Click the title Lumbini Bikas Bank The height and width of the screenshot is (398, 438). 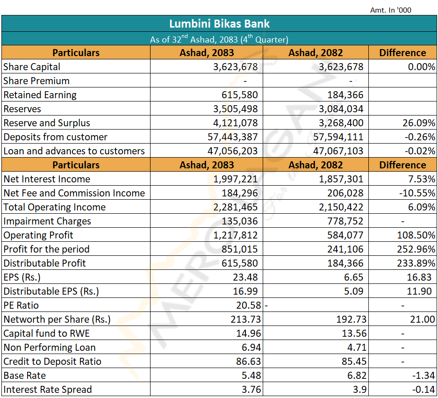coord(219,24)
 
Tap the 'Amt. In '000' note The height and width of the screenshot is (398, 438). coord(390,10)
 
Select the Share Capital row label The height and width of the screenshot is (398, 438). coord(32,67)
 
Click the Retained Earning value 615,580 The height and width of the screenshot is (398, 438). coord(239,95)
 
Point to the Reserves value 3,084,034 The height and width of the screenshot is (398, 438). coord(341,109)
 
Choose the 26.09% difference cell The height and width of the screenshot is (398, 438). coord(419,123)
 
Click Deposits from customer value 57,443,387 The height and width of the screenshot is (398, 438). coord(232,137)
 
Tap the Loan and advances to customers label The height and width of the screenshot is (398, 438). coord(74,151)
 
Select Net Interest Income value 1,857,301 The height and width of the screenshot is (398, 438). coord(341,179)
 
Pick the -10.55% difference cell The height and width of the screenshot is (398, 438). coord(417,193)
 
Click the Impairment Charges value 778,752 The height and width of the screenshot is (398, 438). coord(345,221)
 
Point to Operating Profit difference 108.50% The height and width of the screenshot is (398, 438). coord(416,235)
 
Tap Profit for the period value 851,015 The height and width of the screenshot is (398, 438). coord(239,249)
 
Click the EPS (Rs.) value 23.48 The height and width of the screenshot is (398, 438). coord(245,277)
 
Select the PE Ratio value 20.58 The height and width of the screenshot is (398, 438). coord(248,305)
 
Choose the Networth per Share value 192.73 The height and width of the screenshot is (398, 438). coord(351,319)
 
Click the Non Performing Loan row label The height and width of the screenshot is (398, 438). coord(50,347)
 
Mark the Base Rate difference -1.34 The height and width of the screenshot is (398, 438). coord(424,376)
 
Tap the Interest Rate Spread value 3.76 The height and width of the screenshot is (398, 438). coord(251,389)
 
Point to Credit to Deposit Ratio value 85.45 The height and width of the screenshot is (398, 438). coord(354,362)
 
